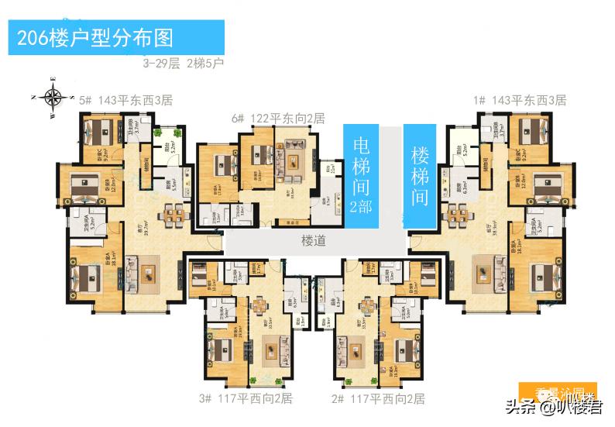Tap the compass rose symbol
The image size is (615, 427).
coord(53,98)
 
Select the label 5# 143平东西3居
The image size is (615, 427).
coord(125,101)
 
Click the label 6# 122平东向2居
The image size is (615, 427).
coord(278,119)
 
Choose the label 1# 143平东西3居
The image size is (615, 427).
coord(520,101)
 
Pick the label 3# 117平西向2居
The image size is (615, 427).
coord(246,399)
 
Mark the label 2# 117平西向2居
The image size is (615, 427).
coord(378,399)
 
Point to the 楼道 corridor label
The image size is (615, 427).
coord(313,241)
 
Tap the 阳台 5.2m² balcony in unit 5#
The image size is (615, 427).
coord(164,143)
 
